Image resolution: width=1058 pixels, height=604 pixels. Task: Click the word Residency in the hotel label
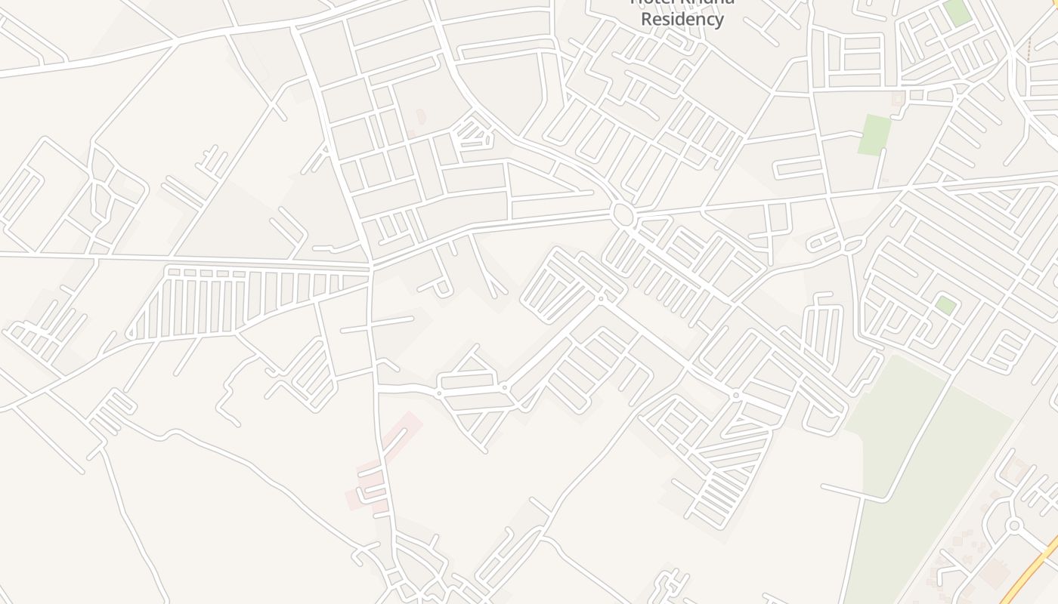click(682, 19)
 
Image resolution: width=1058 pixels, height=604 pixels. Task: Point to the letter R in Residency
click(646, 19)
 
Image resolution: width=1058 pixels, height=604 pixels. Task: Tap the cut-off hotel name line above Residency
click(682, 2)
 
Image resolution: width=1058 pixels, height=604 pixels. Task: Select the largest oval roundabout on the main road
click(623, 215)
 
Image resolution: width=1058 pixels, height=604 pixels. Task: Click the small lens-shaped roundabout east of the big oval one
click(853, 245)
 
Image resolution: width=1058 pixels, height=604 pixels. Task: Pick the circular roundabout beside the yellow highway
click(1014, 525)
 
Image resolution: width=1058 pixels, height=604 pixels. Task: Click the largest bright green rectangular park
click(874, 135)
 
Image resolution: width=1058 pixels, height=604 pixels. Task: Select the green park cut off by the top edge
click(957, 11)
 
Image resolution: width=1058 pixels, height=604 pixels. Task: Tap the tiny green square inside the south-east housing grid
click(945, 306)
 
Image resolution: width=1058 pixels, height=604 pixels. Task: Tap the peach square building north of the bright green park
click(898, 99)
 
